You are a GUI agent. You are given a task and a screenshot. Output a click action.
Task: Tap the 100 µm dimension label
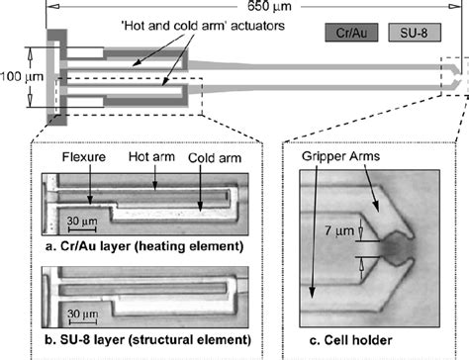[20, 75]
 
